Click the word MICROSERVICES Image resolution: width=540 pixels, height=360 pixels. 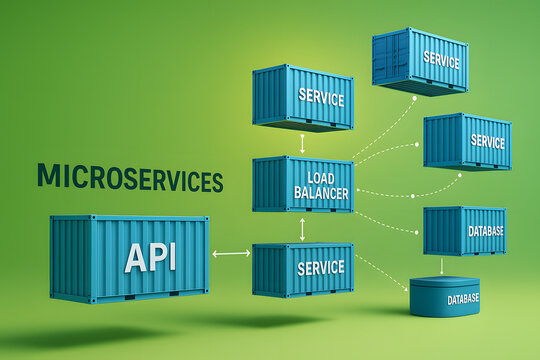130,178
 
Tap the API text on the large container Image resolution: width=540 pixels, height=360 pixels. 150,257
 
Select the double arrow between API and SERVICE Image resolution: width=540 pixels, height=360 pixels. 231,253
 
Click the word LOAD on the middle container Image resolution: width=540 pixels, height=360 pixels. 321,177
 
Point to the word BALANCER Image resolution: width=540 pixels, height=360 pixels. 321,192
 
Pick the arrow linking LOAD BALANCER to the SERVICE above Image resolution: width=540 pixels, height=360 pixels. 302,142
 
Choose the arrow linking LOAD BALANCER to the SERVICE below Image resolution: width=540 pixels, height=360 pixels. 302,228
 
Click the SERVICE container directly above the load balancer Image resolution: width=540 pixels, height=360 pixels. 302,97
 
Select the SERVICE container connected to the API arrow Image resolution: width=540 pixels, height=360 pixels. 302,268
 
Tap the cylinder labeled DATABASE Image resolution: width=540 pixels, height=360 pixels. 444,297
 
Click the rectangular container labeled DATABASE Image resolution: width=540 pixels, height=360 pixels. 464,231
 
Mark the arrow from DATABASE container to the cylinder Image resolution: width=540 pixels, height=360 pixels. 442,266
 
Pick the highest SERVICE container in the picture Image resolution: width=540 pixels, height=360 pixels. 420,60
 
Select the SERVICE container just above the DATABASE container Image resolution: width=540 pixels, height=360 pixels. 467,141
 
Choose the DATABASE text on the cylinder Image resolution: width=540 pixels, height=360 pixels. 463,299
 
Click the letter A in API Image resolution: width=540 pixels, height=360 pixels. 134,257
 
